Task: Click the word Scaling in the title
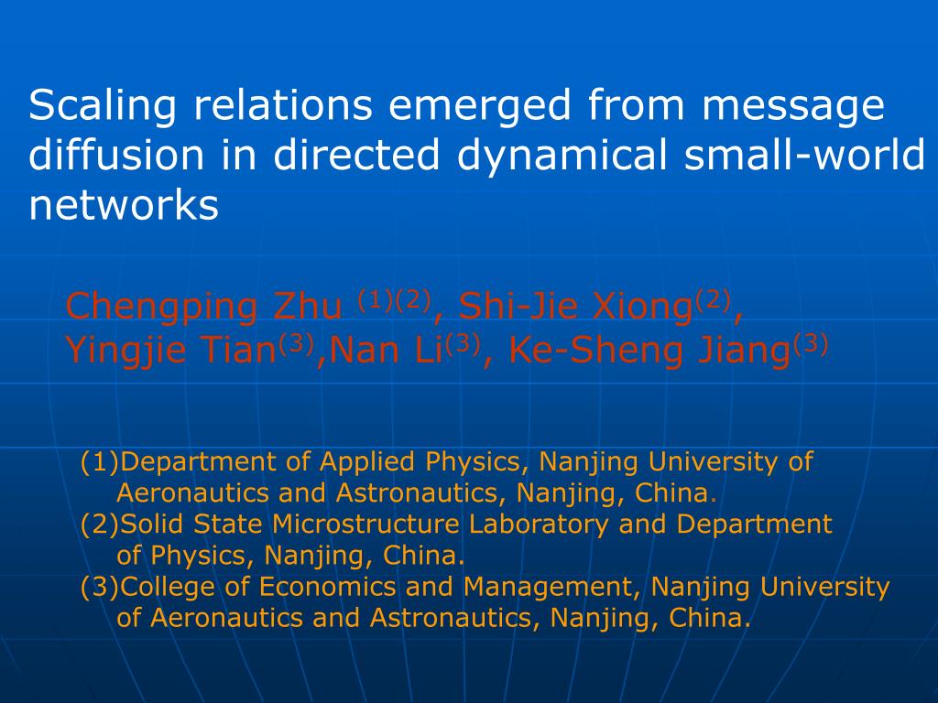point(103,106)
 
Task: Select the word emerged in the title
point(480,106)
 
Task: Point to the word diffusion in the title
point(117,155)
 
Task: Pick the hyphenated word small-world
point(804,155)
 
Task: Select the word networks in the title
point(124,205)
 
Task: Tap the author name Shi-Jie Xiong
point(575,307)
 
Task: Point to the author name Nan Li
point(386,351)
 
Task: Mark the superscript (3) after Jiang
point(810,344)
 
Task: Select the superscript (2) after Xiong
point(713,300)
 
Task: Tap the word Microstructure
point(365,525)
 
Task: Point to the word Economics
point(327,587)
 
